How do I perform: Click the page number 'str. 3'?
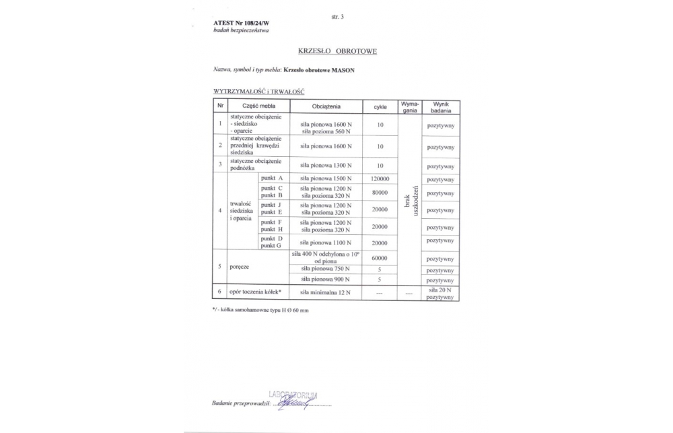pos(337,16)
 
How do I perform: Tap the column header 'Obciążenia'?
pos(326,106)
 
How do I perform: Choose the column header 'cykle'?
pos(380,106)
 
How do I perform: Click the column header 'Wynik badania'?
pos(441,106)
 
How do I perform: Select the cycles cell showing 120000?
pos(380,178)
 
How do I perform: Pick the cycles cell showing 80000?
pos(380,193)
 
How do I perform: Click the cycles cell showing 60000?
pos(380,258)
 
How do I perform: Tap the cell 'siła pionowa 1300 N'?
pos(326,165)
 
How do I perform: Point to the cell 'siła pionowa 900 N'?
pos(326,279)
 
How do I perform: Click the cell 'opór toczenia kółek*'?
pos(255,292)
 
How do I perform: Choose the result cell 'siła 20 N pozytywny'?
pos(441,292)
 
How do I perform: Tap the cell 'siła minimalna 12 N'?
pos(326,292)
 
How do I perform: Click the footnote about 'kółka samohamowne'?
pos(260,310)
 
